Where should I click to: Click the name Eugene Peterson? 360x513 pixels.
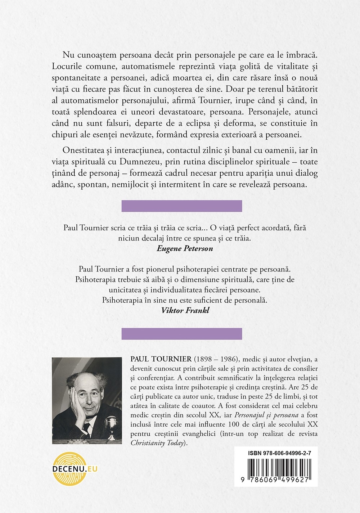tap(185, 248)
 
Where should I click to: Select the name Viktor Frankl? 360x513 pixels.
tap(185, 310)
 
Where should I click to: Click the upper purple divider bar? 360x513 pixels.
tap(181, 206)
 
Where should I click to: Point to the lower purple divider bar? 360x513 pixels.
tap(181, 334)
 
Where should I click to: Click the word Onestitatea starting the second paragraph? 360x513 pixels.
tap(85, 150)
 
